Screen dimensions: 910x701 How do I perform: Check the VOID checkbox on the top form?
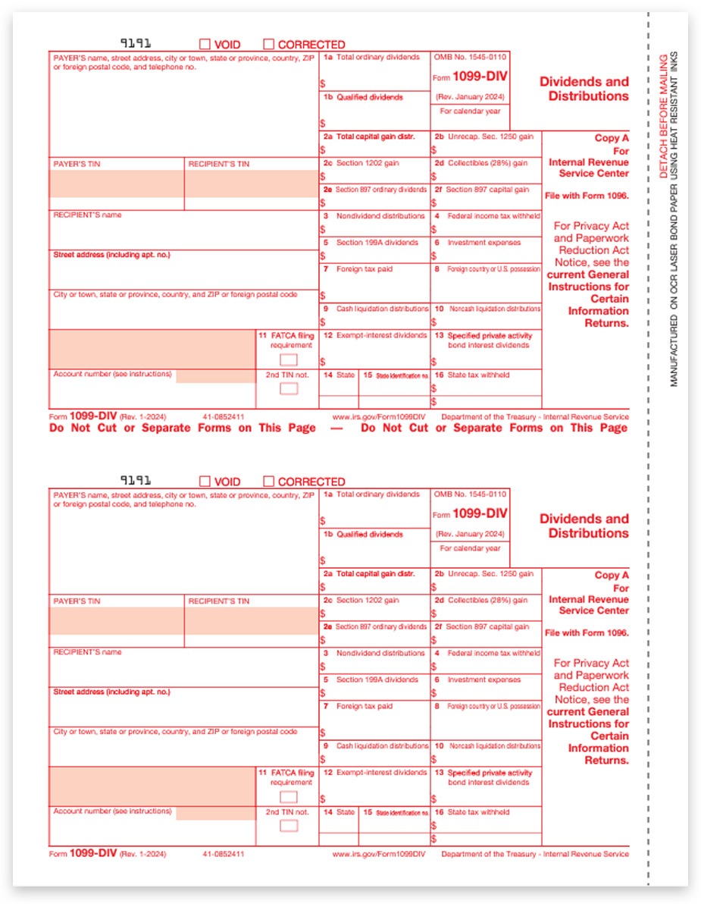click(205, 44)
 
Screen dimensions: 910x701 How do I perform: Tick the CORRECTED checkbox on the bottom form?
click(268, 482)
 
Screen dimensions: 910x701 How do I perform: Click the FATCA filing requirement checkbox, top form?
click(288, 359)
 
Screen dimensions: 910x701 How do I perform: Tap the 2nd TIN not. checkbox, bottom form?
click(288, 826)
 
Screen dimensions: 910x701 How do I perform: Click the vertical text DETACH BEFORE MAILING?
click(663, 116)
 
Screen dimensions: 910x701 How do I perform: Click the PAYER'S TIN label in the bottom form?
click(76, 601)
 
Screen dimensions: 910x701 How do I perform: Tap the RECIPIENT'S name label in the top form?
click(87, 215)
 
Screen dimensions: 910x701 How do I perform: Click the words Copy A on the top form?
click(612, 138)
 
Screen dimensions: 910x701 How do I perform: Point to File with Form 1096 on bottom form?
click(587, 632)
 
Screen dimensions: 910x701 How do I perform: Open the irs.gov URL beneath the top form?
click(379, 417)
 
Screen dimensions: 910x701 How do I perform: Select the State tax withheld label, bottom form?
click(478, 812)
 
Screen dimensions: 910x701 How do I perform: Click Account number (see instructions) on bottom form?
click(112, 811)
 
